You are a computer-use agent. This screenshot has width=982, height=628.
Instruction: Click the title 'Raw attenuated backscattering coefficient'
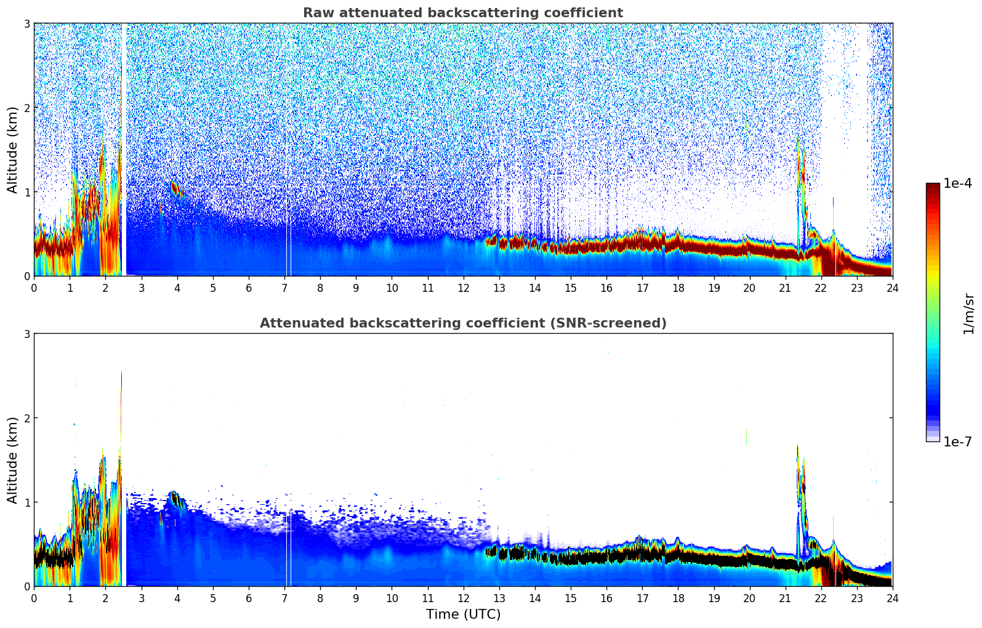tap(462, 13)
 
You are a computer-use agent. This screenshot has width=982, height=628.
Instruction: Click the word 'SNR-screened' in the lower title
tap(616, 323)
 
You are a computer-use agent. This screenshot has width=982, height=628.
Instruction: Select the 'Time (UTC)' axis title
tap(463, 614)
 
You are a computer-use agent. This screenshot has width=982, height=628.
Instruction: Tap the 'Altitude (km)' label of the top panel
tap(12, 150)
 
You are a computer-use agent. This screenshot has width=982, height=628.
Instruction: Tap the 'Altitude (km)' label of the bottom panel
tap(12, 460)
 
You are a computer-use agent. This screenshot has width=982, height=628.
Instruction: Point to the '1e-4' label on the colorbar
tap(957, 183)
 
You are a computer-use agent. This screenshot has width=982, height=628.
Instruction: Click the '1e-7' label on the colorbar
tap(957, 441)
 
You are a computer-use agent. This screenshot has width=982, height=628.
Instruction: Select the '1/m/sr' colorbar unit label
tap(968, 313)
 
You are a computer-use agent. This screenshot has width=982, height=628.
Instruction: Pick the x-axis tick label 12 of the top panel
tap(463, 288)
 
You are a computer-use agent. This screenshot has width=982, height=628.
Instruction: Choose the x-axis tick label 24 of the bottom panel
tap(892, 598)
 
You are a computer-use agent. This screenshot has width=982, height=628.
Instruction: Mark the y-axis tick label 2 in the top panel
tap(27, 108)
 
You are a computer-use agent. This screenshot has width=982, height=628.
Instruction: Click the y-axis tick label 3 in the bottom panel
tap(27, 334)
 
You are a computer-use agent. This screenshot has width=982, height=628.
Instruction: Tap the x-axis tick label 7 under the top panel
tap(284, 288)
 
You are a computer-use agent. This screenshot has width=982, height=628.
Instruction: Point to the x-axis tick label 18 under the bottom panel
tap(678, 598)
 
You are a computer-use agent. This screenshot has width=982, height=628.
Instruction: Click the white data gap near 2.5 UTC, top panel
tap(124, 148)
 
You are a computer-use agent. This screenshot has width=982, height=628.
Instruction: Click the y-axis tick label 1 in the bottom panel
tap(27, 502)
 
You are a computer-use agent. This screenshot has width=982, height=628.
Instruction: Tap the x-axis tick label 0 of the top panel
tap(34, 288)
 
